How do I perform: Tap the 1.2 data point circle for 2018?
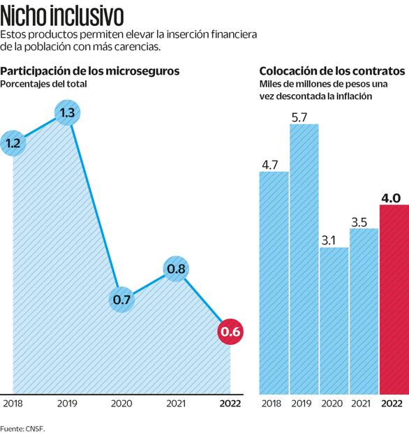(14, 143)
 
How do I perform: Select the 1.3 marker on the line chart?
(68, 113)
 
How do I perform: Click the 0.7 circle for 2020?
(122, 300)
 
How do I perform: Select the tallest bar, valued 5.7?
(304, 258)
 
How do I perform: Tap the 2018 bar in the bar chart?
(274, 283)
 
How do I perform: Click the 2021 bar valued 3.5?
(363, 311)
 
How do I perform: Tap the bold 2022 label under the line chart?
(230, 404)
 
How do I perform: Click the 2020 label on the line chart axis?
(122, 404)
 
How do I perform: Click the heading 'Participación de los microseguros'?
(90, 71)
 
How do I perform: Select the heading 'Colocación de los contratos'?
(332, 71)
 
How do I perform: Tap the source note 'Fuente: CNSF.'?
(22, 426)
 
